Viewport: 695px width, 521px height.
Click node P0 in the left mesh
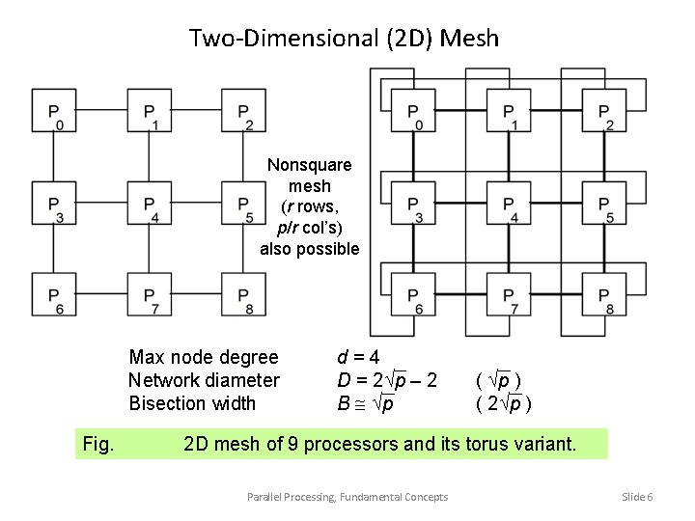point(55,112)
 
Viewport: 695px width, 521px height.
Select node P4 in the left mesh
point(149,205)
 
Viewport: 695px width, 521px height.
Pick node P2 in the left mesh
point(244,112)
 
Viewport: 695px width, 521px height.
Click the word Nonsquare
point(309,165)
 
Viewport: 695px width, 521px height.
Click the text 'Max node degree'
point(203,358)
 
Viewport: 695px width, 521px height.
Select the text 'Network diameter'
point(204,381)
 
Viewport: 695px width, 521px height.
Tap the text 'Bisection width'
point(192,403)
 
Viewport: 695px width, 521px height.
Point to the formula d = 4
point(358,357)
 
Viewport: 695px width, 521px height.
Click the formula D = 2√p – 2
point(387,381)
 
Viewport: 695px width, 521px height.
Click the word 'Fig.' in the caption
point(99,445)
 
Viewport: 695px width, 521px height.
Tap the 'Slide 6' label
point(637,497)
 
